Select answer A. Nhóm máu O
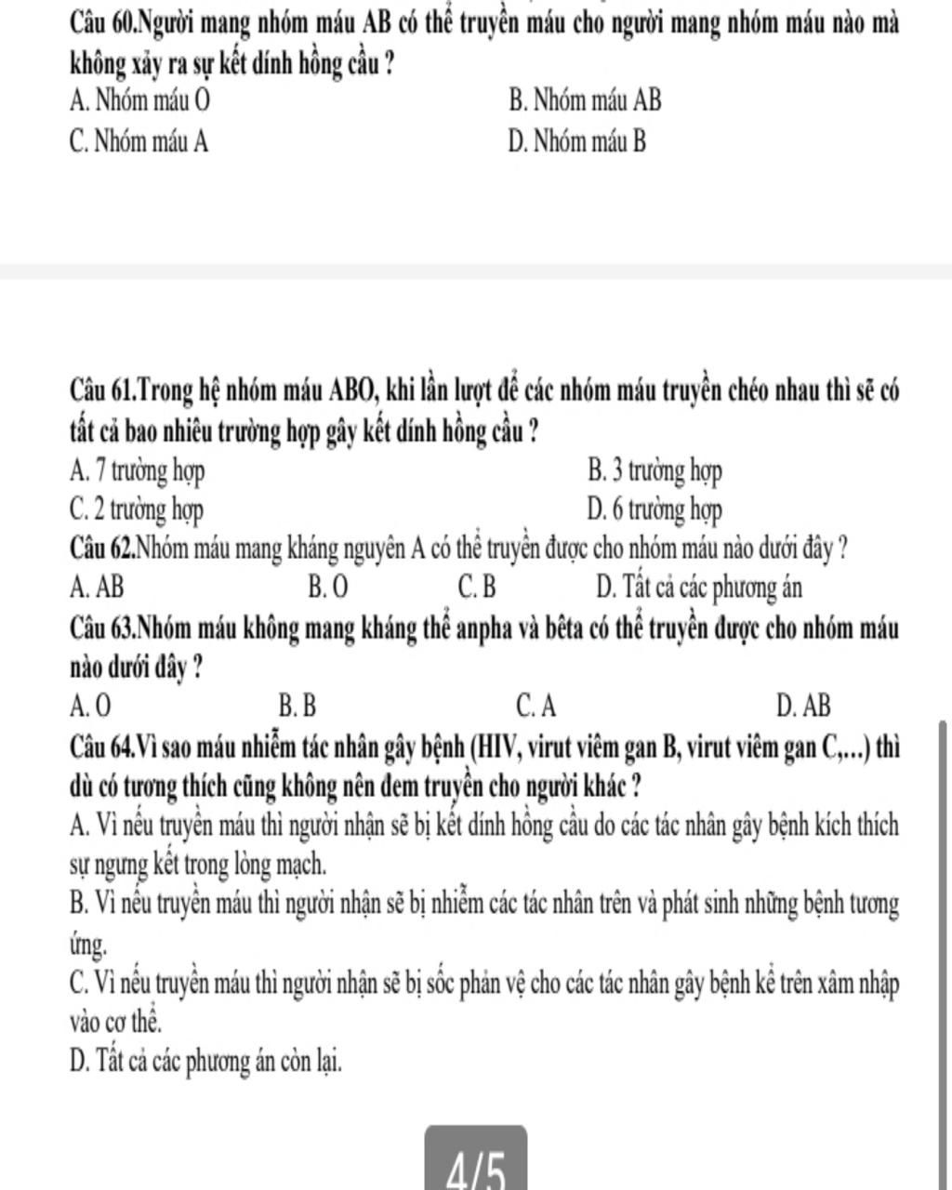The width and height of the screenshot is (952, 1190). pos(139,99)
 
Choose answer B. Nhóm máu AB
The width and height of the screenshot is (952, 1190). pos(586,99)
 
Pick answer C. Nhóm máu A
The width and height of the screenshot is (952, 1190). pos(139,141)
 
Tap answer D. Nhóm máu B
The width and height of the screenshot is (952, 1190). pos(577,141)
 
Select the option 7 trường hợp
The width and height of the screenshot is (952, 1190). pos(138,471)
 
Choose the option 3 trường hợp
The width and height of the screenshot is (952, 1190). pos(655,471)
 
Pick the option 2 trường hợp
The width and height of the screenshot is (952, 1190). pos(138,509)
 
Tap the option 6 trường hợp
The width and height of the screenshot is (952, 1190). pos(655,509)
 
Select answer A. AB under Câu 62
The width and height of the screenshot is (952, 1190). pos(97,588)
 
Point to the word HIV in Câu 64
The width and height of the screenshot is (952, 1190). pos(505,746)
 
